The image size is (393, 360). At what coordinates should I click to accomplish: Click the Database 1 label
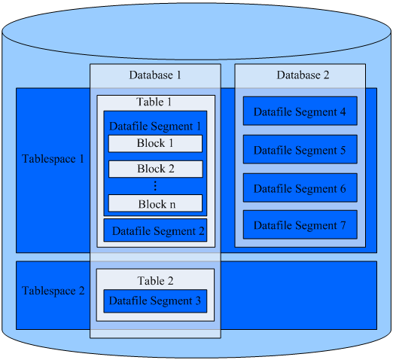tap(155, 75)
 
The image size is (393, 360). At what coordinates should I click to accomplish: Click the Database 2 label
tap(303, 75)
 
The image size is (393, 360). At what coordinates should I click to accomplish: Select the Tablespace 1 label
tap(53, 160)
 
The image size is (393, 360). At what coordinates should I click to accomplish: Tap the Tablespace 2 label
tap(53, 291)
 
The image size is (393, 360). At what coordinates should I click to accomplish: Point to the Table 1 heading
tap(154, 102)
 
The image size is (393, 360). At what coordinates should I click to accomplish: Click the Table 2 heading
tap(155, 281)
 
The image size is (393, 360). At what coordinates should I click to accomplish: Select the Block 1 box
tap(155, 144)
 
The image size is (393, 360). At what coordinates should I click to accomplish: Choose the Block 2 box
tap(155, 169)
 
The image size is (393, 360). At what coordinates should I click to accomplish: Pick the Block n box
tap(155, 203)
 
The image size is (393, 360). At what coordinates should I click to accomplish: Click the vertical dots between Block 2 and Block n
tap(155, 186)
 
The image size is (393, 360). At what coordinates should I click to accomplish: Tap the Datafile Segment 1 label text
tap(155, 127)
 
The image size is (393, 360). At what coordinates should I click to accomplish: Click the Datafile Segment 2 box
tap(155, 231)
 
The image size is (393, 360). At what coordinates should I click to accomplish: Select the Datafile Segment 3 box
tap(155, 301)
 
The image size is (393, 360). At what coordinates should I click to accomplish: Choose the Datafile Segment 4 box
tap(300, 111)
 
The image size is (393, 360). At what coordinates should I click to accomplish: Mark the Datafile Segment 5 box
tap(300, 150)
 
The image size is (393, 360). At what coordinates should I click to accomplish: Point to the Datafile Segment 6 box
tap(300, 188)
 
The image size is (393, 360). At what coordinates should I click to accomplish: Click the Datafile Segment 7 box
tap(300, 225)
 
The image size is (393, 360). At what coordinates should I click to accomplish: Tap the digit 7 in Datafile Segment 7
tap(343, 225)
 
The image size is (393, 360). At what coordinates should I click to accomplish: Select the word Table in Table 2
tap(150, 281)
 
